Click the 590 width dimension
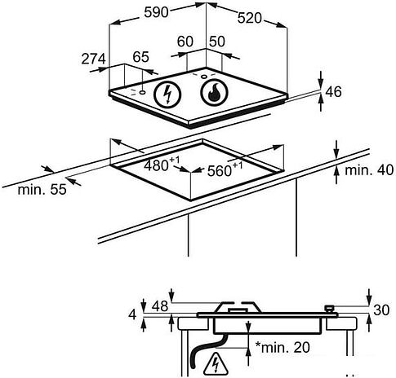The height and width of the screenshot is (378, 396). [x=156, y=12]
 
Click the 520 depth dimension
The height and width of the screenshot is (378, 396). [x=249, y=18]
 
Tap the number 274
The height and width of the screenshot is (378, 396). [x=93, y=59]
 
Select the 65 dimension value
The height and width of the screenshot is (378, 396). [x=141, y=57]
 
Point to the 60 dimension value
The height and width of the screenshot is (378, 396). [x=185, y=42]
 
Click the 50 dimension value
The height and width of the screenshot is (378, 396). [x=217, y=42]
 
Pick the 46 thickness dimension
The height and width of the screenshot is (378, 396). [x=333, y=92]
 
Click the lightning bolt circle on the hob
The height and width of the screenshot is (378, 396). [x=167, y=94]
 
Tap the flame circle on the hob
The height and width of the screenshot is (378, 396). [x=214, y=93]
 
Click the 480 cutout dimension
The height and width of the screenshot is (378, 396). [x=162, y=165]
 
